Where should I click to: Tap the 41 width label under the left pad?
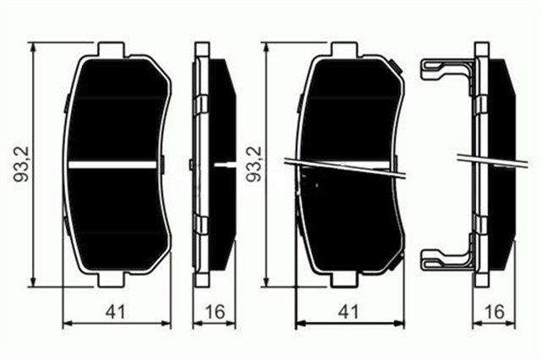(118, 312)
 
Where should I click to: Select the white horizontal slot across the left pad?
(118, 164)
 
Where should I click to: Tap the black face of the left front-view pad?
(118, 110)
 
